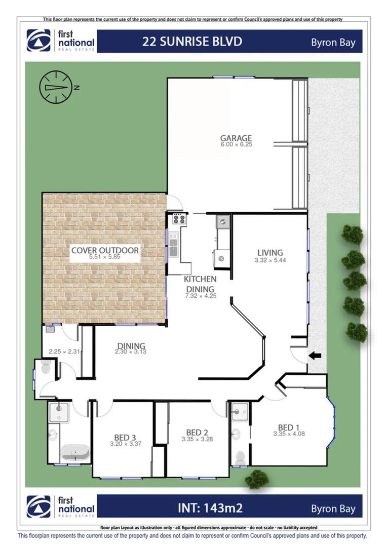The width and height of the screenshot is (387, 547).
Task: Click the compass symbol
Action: pyautogui.click(x=54, y=87)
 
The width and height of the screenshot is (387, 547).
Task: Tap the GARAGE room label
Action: pyautogui.click(x=236, y=138)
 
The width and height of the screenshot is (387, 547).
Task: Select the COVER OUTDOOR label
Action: pyautogui.click(x=105, y=250)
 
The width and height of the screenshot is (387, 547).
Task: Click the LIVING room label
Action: pyautogui.click(x=270, y=253)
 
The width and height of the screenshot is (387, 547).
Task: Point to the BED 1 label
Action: pyautogui.click(x=289, y=427)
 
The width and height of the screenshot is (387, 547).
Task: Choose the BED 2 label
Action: pyautogui.click(x=197, y=432)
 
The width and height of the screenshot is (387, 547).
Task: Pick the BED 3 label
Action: pyautogui.click(x=125, y=438)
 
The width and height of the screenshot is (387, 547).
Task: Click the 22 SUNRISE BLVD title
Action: pyautogui.click(x=192, y=42)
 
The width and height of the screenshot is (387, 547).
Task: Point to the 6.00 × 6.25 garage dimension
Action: pyautogui.click(x=236, y=144)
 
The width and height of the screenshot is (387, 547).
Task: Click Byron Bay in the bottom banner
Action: pyautogui.click(x=333, y=509)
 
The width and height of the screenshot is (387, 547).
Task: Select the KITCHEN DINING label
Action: pyautogui.click(x=200, y=284)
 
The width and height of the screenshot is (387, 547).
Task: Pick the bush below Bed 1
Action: pyautogui.click(x=257, y=479)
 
